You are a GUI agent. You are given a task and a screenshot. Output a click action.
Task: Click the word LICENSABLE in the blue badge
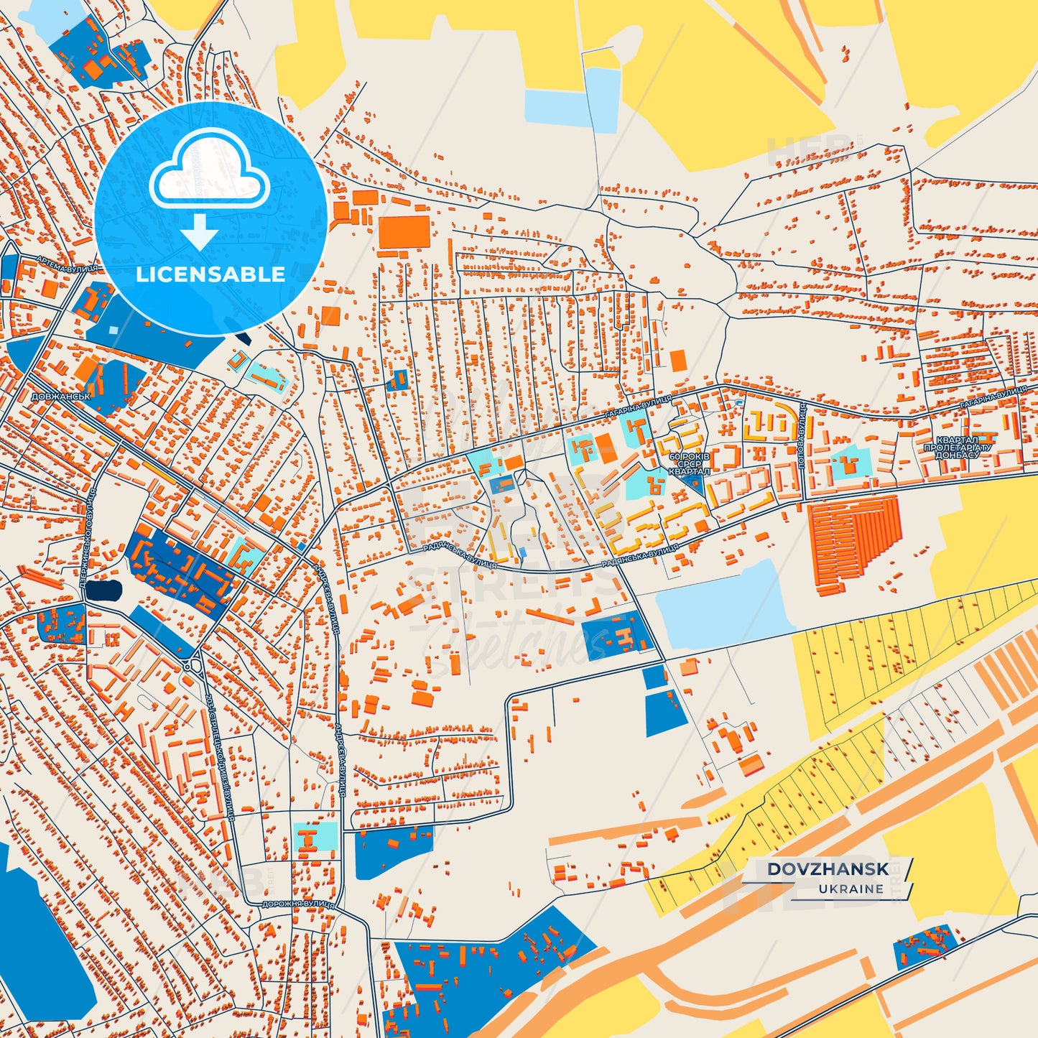[x=210, y=274]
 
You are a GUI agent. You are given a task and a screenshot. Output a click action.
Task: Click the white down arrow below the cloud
[x=199, y=231]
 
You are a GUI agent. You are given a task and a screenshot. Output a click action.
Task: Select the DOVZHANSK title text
[x=828, y=869]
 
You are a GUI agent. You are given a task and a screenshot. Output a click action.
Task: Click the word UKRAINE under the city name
[x=851, y=889]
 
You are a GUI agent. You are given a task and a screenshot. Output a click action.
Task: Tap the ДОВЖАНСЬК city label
[x=60, y=396]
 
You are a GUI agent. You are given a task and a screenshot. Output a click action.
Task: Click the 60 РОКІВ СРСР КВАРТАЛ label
[x=689, y=464]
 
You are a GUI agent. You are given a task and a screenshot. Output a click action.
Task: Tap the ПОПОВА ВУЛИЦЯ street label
[x=802, y=435]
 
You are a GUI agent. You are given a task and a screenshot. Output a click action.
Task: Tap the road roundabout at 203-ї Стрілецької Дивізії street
[x=193, y=664]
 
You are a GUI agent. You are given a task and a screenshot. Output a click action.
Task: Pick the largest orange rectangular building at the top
[x=404, y=232]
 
